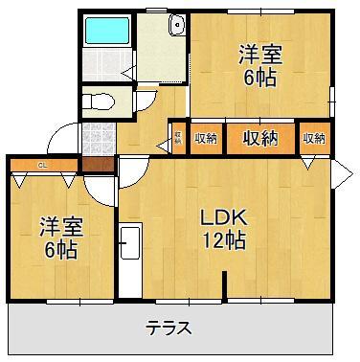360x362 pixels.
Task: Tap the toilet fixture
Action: (x=99, y=100)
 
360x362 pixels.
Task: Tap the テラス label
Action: (x=169, y=328)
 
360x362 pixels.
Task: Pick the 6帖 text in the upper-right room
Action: (x=259, y=79)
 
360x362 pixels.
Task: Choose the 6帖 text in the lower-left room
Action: (x=60, y=251)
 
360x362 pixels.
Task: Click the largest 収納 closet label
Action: (x=259, y=138)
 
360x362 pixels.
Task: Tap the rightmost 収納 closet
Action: (x=314, y=139)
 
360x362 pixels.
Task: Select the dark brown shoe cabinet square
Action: (x=96, y=164)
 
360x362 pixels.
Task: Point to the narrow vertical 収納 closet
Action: (x=178, y=139)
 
